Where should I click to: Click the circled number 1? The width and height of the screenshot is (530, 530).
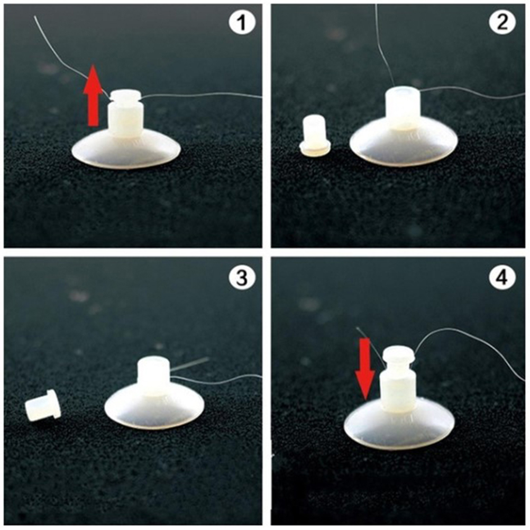click(x=242, y=23)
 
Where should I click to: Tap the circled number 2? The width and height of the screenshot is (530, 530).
click(x=502, y=23)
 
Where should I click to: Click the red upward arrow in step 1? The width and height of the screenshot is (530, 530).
click(x=93, y=96)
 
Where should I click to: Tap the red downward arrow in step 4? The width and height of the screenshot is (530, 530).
click(x=365, y=369)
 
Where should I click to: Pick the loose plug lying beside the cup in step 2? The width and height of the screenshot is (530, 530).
click(x=315, y=135)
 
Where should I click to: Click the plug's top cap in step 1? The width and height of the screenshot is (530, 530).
click(x=125, y=96)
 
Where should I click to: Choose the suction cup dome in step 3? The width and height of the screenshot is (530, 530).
click(x=154, y=410)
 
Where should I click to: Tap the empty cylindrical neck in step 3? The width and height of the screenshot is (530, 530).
click(x=153, y=377)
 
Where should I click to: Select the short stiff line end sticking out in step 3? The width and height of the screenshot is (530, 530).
click(x=189, y=365)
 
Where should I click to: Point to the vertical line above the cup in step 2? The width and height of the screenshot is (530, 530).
click(x=383, y=43)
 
